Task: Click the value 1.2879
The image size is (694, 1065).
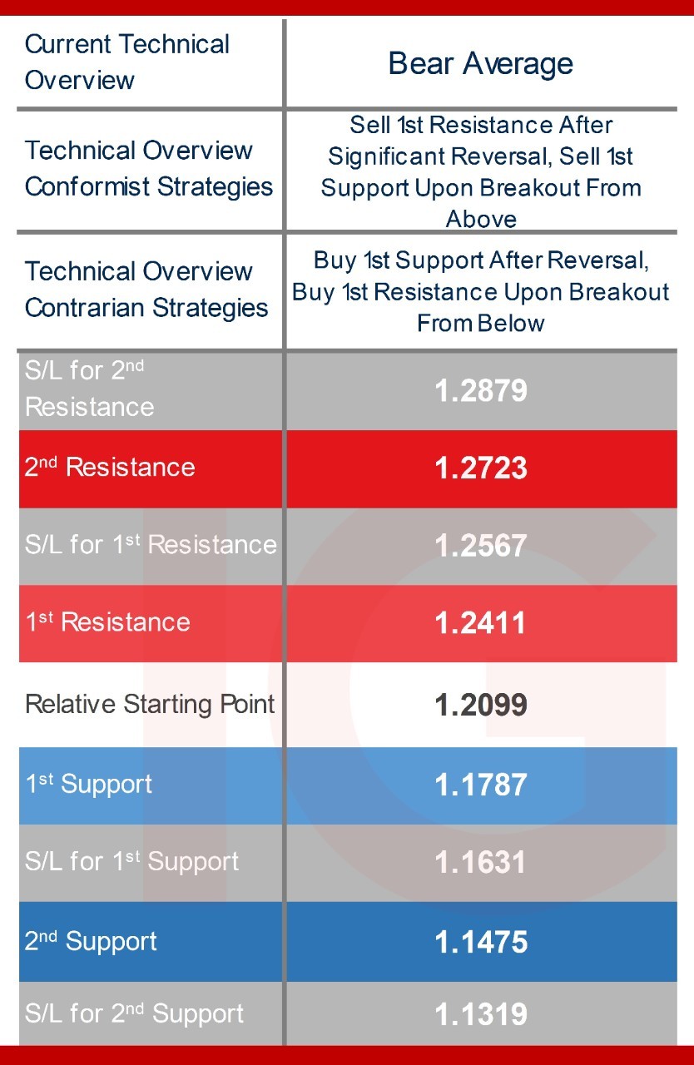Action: [481, 390]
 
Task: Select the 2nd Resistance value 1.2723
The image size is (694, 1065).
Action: [481, 468]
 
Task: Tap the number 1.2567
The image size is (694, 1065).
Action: [481, 545]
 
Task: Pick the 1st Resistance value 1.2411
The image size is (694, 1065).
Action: [480, 623]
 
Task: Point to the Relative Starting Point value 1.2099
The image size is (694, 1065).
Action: [481, 704]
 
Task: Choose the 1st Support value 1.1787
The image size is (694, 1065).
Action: [481, 785]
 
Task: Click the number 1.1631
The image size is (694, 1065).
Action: [480, 862]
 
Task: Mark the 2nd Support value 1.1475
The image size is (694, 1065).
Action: [481, 942]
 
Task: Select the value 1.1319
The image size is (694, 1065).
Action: [481, 1013]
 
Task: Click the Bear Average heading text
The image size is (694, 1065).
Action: [481, 64]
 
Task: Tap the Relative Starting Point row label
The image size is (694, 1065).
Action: [150, 705]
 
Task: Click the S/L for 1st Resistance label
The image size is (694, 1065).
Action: [151, 544]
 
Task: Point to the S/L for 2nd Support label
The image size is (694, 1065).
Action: [135, 1013]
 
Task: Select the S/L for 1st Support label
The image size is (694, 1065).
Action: [132, 861]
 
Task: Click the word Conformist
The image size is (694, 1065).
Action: [87, 186]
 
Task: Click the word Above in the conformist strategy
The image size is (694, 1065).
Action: [481, 219]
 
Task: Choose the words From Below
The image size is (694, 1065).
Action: [481, 324]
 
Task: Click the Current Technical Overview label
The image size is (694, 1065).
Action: [127, 62]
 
